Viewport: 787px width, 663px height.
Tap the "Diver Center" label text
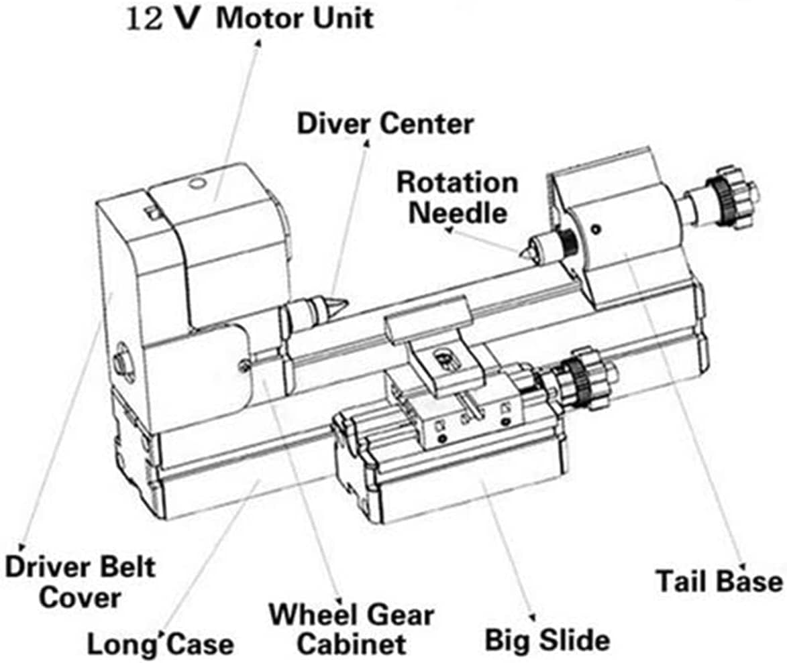coord(384,123)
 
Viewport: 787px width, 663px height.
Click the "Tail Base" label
coord(719,581)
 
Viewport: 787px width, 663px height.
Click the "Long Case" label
coord(160,645)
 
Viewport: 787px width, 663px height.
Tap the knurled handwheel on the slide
coord(576,380)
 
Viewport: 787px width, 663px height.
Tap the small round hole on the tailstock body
coord(595,229)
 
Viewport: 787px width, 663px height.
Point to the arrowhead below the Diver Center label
coord(366,142)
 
